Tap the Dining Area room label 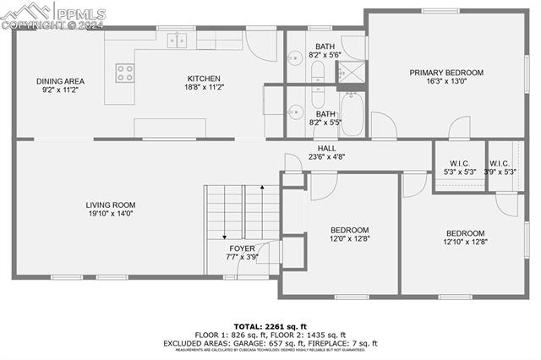click(x=60, y=82)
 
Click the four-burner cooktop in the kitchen click(x=125, y=73)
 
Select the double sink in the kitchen click(x=177, y=39)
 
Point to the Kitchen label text click(x=203, y=79)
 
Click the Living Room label click(x=110, y=205)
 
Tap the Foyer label click(x=242, y=248)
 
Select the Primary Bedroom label click(x=446, y=73)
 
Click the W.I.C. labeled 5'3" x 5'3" click(x=460, y=163)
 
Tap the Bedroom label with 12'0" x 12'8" click(x=349, y=230)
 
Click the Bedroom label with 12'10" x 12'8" click(x=465, y=233)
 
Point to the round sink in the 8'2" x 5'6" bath click(x=296, y=59)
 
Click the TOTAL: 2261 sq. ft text click(x=270, y=325)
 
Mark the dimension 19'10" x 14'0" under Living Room click(x=110, y=213)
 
